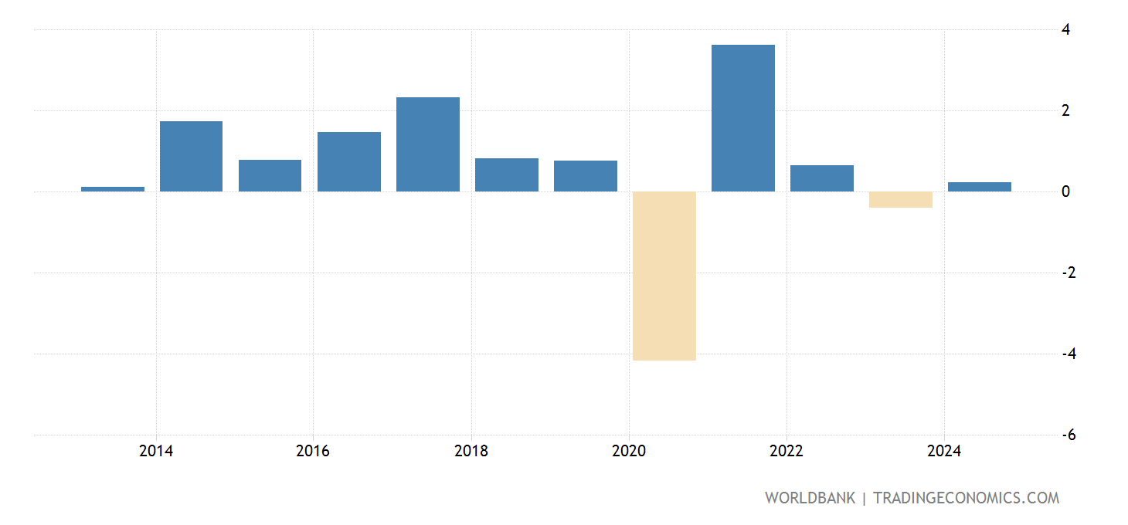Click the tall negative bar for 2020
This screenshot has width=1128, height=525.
[x=664, y=276]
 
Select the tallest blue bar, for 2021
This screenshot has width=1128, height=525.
[x=743, y=118]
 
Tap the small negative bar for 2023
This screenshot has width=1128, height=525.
[x=901, y=199]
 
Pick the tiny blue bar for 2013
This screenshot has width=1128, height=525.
[x=113, y=188]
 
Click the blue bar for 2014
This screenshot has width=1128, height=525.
[x=191, y=156]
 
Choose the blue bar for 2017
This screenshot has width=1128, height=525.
[x=428, y=144]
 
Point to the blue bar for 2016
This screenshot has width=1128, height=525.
[x=349, y=161]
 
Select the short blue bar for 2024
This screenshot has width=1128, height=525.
[x=980, y=187]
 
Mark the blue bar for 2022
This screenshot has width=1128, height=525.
[x=822, y=178]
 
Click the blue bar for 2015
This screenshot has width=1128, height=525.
[x=270, y=175]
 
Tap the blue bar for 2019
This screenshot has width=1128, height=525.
[x=586, y=176]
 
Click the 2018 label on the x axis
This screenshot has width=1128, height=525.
[x=471, y=451]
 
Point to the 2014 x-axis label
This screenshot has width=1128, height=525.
[x=156, y=451]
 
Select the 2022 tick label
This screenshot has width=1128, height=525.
[x=787, y=451]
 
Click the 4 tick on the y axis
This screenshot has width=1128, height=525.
[x=1065, y=29]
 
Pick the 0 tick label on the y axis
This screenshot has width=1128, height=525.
[x=1065, y=191]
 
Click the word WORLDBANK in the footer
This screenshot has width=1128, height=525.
[x=810, y=498]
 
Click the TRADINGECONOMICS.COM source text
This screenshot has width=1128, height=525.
[x=966, y=498]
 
